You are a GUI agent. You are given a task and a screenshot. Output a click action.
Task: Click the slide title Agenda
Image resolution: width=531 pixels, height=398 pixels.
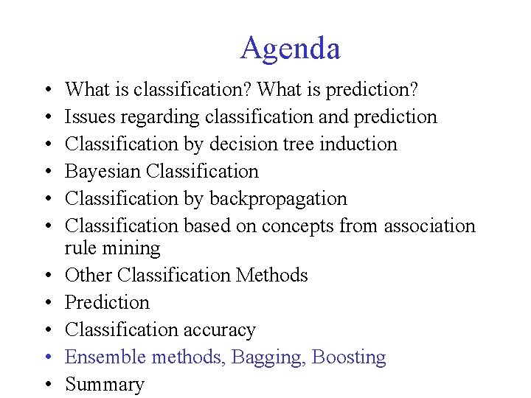pyautogui.click(x=290, y=49)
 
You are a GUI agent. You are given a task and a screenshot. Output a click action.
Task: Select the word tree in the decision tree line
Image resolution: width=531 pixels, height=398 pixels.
pyautogui.click(x=296, y=144)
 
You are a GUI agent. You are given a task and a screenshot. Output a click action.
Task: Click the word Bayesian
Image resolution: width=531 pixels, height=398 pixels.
pyautogui.click(x=103, y=171)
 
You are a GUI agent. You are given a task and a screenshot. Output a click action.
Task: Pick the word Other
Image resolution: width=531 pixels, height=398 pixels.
pyautogui.click(x=88, y=275)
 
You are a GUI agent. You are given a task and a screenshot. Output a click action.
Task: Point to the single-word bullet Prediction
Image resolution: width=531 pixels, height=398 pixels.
pyautogui.click(x=107, y=302)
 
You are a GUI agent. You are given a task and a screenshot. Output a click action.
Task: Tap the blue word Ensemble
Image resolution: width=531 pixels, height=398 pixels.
pyautogui.click(x=105, y=357)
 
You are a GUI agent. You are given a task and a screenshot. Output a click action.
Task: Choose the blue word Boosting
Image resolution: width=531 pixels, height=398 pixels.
pyautogui.click(x=349, y=357)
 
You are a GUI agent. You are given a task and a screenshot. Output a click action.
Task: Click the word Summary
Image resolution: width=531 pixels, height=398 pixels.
pyautogui.click(x=104, y=385)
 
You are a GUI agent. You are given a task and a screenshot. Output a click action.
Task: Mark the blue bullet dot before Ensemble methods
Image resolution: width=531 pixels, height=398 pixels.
pyautogui.click(x=47, y=357)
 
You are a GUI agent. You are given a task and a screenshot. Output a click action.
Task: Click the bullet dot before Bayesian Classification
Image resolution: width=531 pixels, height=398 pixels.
pyautogui.click(x=47, y=172)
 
